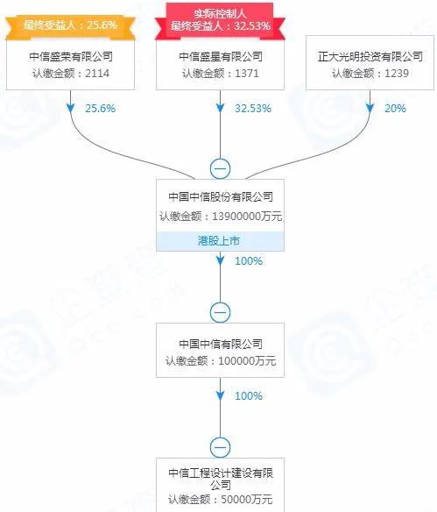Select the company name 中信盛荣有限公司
tap(71, 57)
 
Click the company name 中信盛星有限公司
tap(221, 57)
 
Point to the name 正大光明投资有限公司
tap(370, 57)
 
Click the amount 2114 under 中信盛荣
tap(97, 73)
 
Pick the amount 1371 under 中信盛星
tap(247, 73)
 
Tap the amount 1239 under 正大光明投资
tap(397, 73)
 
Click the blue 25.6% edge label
tap(101, 109)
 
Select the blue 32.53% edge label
tap(253, 109)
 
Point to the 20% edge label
tap(395, 109)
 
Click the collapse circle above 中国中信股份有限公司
tap(220, 169)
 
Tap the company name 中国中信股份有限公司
tap(221, 197)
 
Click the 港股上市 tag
tap(219, 241)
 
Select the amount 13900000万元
tap(247, 217)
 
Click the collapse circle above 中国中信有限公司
tap(220, 312)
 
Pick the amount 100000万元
tap(247, 361)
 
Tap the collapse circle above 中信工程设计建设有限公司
tap(220, 447)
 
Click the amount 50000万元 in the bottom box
tap(247, 499)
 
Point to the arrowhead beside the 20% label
tap(370, 108)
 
